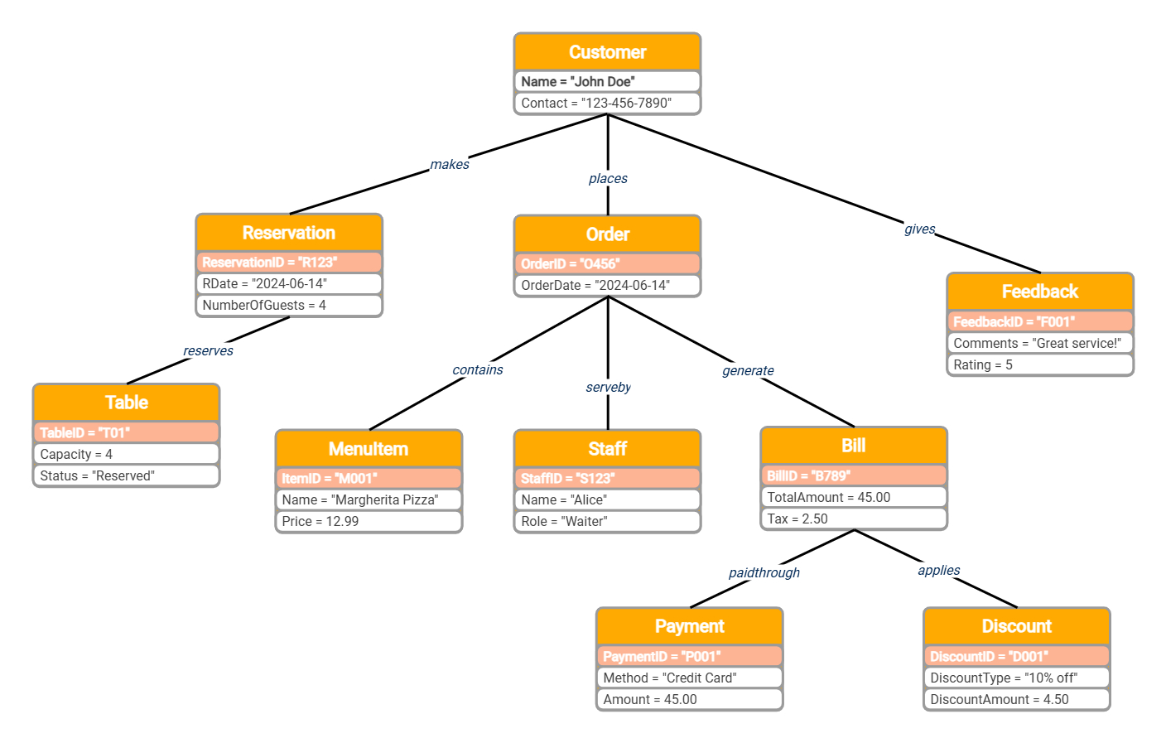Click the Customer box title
click(x=607, y=52)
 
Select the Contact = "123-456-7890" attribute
click(x=607, y=104)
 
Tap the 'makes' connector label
click(x=450, y=165)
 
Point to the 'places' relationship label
click(x=608, y=179)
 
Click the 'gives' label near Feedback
click(x=919, y=229)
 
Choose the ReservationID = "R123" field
click(x=289, y=263)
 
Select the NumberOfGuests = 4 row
click(x=289, y=306)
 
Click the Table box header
click(x=127, y=403)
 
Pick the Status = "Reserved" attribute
click(x=127, y=476)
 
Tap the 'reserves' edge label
click(x=208, y=351)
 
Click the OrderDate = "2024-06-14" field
click(x=607, y=286)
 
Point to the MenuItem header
click(x=369, y=449)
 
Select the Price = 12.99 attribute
click(x=369, y=522)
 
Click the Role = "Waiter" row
click(x=607, y=522)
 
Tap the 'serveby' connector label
click(x=608, y=388)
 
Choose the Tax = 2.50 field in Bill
click(x=853, y=519)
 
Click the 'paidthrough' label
click(x=764, y=573)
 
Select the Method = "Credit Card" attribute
click(x=689, y=678)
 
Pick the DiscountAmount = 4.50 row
click(x=1016, y=700)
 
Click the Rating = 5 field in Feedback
click(x=1039, y=365)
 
